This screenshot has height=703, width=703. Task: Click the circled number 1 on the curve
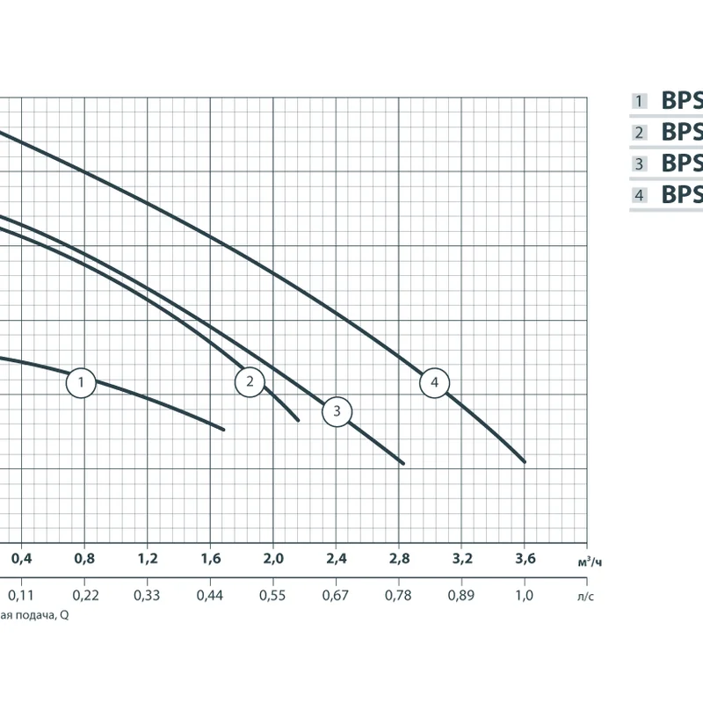(x=81, y=382)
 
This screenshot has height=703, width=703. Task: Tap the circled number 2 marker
(x=250, y=380)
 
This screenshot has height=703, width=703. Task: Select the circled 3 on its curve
(x=337, y=411)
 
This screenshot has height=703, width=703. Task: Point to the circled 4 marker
(x=434, y=382)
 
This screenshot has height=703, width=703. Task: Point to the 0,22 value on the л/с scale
(x=85, y=596)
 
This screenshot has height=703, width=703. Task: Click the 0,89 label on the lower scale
(x=461, y=596)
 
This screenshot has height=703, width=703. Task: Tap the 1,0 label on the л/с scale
(x=525, y=596)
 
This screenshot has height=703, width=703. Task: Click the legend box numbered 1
(x=641, y=102)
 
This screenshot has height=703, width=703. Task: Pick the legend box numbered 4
(x=641, y=195)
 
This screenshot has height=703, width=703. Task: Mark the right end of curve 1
(x=224, y=429)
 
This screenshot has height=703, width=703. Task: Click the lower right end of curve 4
(x=525, y=461)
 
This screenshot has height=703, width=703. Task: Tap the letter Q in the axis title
(x=64, y=615)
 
